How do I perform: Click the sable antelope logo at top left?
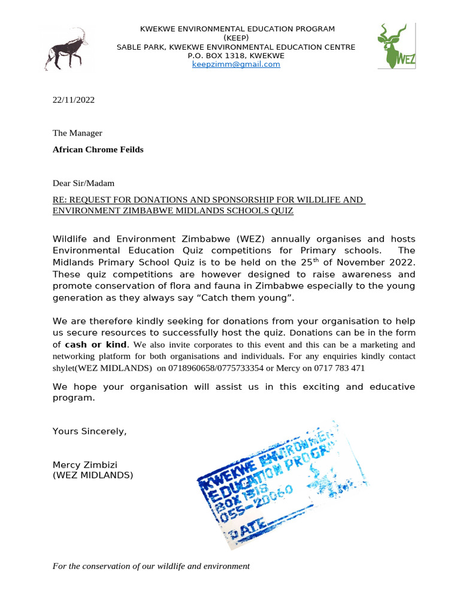pyautogui.click(x=65, y=49)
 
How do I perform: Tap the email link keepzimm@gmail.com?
pyautogui.click(x=236, y=64)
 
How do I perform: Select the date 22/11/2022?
pyautogui.click(x=74, y=100)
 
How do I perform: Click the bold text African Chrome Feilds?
pyautogui.click(x=98, y=149)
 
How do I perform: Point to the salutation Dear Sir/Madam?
pyautogui.click(x=83, y=183)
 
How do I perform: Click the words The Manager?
pyautogui.click(x=77, y=133)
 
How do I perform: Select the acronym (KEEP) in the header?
pyautogui.click(x=237, y=38)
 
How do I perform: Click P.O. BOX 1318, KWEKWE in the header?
pyautogui.click(x=236, y=56)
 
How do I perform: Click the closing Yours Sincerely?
pyautogui.click(x=90, y=431)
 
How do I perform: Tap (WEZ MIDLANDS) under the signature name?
pyautogui.click(x=93, y=475)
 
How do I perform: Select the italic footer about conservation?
pyautogui.click(x=151, y=565)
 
